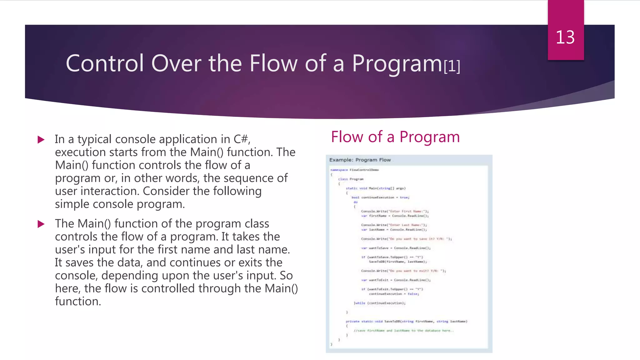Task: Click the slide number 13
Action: (565, 37)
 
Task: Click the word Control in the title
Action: (105, 63)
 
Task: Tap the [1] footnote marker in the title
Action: (452, 66)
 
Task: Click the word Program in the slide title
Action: (397, 63)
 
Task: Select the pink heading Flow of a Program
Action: (395, 137)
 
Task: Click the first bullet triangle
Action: (41, 139)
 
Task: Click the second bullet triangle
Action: (41, 224)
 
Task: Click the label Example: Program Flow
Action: (360, 160)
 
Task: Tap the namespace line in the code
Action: (354, 170)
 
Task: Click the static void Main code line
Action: (375, 188)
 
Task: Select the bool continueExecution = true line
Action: (380, 197)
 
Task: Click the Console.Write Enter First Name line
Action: (395, 211)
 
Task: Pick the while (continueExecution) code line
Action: (379, 303)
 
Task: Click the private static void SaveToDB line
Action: (406, 321)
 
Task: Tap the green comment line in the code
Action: (403, 331)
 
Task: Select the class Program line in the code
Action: (351, 179)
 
